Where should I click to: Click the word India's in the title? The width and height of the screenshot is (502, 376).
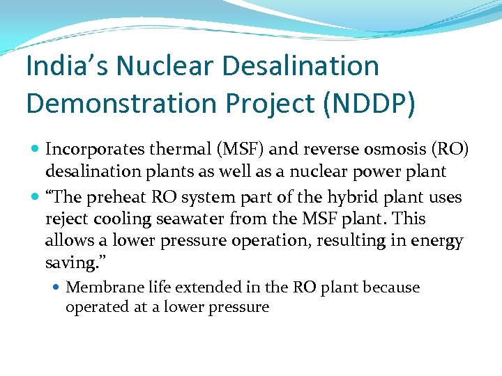coord(66,67)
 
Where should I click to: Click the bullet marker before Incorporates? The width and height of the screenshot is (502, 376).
coord(36,149)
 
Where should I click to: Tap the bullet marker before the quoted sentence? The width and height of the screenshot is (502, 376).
coord(36,198)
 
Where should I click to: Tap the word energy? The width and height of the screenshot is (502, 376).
coord(439,241)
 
